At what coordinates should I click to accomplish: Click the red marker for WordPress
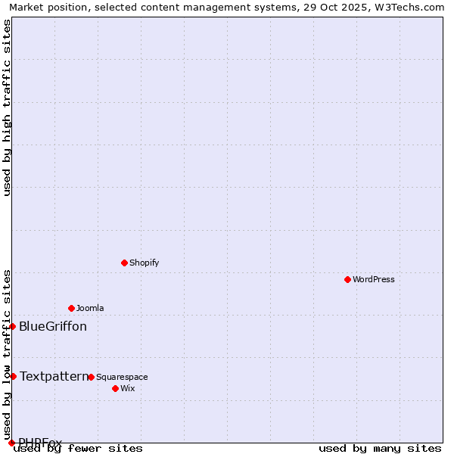(x=347, y=279)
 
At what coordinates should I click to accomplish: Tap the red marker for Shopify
(x=124, y=263)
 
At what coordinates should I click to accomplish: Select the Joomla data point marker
(x=71, y=308)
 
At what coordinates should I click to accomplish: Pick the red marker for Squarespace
(x=91, y=377)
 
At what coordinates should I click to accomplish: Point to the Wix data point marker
(x=115, y=388)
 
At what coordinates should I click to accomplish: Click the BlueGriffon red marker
(x=13, y=326)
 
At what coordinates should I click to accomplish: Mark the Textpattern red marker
(x=13, y=376)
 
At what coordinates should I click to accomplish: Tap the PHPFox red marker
(x=11, y=443)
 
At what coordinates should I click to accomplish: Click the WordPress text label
(x=374, y=279)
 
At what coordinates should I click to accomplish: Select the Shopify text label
(x=145, y=263)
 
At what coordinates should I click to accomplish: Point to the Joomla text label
(x=90, y=308)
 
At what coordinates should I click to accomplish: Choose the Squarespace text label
(x=122, y=377)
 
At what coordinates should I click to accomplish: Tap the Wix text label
(x=128, y=388)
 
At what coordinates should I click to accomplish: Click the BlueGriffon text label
(x=53, y=327)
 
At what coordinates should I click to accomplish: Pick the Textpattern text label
(x=54, y=376)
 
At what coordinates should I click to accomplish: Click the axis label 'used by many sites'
(x=380, y=449)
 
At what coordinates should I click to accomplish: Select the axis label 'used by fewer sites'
(x=79, y=449)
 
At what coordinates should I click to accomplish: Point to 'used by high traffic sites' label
(x=7, y=107)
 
